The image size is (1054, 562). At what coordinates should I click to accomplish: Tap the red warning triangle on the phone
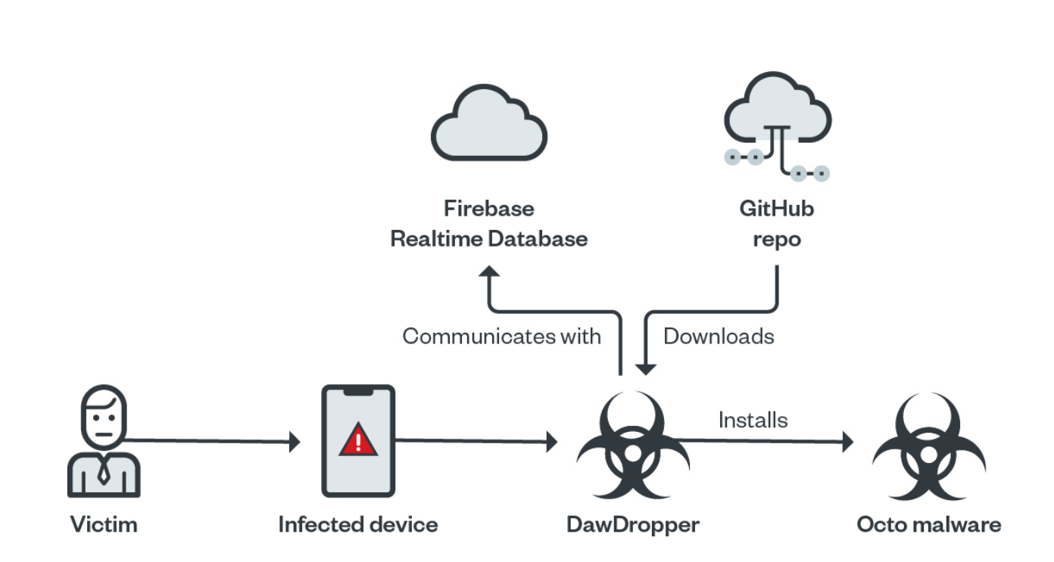[357, 440]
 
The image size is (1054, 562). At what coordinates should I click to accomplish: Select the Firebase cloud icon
[488, 126]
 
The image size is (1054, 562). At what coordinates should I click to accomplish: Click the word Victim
[104, 524]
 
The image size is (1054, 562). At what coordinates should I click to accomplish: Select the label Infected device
[357, 524]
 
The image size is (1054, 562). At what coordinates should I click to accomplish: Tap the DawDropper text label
[633, 524]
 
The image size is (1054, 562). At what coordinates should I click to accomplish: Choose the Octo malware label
[928, 524]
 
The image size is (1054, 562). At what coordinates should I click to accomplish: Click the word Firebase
[488, 208]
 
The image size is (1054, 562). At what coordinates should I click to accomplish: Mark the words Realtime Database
[488, 239]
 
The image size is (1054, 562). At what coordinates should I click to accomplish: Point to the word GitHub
[777, 208]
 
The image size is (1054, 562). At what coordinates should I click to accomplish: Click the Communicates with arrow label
[501, 336]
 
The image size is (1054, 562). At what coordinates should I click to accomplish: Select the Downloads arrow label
[719, 336]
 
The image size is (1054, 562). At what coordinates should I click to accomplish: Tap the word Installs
[753, 419]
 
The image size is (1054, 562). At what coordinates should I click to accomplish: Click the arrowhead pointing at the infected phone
[295, 442]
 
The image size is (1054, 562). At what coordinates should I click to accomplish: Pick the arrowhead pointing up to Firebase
[490, 274]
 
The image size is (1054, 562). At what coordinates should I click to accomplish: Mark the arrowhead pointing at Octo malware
[848, 442]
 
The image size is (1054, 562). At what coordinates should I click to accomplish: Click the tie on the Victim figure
[104, 473]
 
